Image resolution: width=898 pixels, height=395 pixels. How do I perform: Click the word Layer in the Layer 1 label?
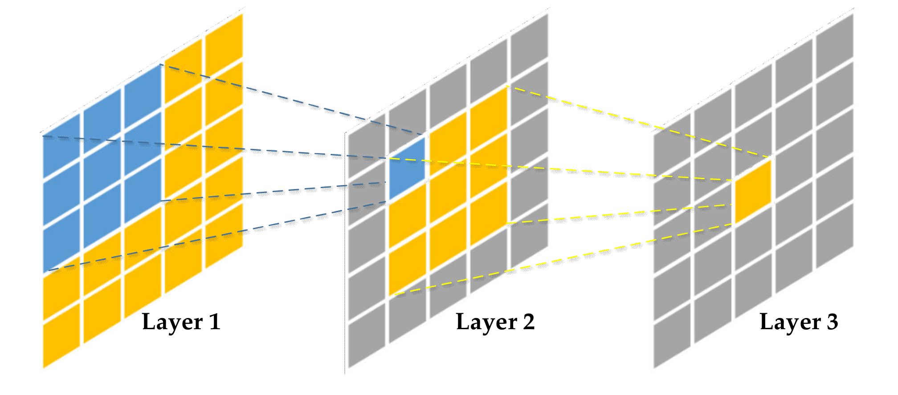(x=167, y=322)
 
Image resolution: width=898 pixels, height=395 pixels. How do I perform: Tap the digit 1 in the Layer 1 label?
(x=215, y=322)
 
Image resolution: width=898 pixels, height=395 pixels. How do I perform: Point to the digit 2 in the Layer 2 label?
(x=529, y=322)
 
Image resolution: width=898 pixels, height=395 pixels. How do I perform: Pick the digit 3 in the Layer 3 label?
(x=833, y=322)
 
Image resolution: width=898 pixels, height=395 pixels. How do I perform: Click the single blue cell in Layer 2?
(x=407, y=169)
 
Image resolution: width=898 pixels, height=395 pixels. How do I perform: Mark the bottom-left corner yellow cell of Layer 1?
(x=61, y=336)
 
